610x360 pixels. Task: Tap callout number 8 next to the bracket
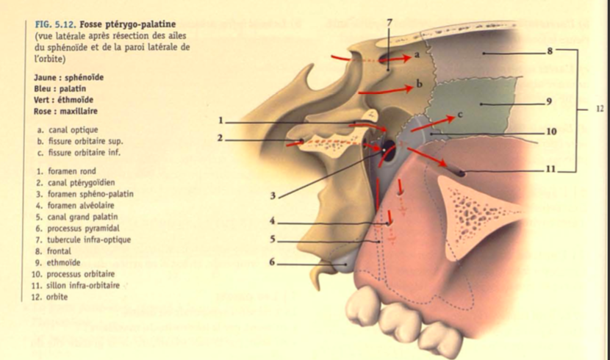[550, 51]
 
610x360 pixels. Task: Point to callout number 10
[551, 132]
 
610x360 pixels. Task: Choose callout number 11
[551, 169]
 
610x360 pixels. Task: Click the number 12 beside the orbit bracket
[600, 109]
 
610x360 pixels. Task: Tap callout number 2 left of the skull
[220, 137]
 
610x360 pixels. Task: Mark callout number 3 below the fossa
[272, 195]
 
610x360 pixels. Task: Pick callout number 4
[272, 220]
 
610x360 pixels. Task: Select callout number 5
[272, 240]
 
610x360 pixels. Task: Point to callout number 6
[272, 262]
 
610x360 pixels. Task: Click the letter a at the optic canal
[417, 54]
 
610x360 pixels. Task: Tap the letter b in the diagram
[420, 84]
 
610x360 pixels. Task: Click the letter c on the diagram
[459, 115]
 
